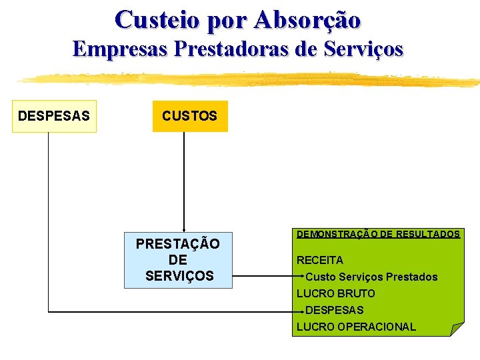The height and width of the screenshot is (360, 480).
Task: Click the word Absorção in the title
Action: [x=307, y=19]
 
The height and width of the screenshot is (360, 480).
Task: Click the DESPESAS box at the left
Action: [x=54, y=116]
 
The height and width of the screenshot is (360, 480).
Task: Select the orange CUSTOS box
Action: [x=189, y=116]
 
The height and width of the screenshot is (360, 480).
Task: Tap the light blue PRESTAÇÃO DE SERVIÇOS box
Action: [x=178, y=260]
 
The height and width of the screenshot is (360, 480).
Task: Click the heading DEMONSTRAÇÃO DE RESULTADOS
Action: [x=378, y=234]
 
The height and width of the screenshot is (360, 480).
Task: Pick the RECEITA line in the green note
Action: [x=320, y=260]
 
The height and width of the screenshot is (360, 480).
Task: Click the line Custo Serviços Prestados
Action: [x=371, y=277]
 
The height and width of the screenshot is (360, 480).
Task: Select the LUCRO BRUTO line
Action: [x=336, y=293]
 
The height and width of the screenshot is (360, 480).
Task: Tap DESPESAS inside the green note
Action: [x=335, y=310]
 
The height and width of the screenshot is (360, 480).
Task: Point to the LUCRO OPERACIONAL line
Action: [x=356, y=327]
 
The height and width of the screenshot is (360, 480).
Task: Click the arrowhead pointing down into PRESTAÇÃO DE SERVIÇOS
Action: [x=183, y=229]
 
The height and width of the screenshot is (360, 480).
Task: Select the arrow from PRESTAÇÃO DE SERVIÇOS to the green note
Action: [x=267, y=277]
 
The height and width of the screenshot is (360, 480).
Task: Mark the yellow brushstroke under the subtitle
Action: [x=247, y=79]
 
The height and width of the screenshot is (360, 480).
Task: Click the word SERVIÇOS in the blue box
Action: [x=179, y=275]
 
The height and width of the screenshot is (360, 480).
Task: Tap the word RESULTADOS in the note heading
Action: [x=427, y=234]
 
